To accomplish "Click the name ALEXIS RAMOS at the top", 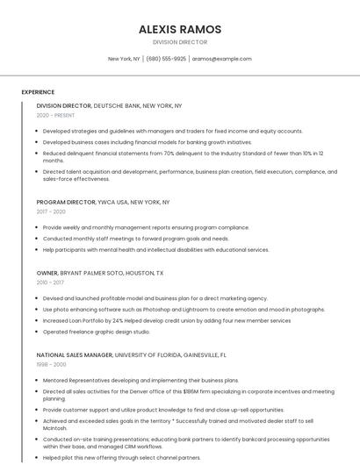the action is pos(180,29).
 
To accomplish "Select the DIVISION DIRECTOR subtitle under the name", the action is pos(180,42).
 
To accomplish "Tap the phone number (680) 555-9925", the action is pos(166,59).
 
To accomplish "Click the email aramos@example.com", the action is pos(221,59).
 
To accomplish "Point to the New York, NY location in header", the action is pos(124,59).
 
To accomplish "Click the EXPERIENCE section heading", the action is pos(38,92).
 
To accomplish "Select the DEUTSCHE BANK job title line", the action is pos(109,105).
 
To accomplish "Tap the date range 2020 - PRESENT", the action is pos(55,115).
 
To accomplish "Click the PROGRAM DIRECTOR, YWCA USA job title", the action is pos(103,202).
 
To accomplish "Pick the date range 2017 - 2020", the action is pos(51,211).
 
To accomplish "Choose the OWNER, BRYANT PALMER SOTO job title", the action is pos(99,273).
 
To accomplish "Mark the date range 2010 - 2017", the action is pos(50,283).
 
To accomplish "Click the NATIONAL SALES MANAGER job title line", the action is pos(131,355).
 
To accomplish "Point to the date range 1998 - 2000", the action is pos(51,364).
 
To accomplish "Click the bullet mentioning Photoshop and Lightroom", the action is pos(184,310).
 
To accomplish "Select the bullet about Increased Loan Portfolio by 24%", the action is pos(167,321).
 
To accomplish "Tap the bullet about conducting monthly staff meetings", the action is pos(136,239).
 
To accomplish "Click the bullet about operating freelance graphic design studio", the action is pos(97,333).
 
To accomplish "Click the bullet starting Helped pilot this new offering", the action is pos(121,457).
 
